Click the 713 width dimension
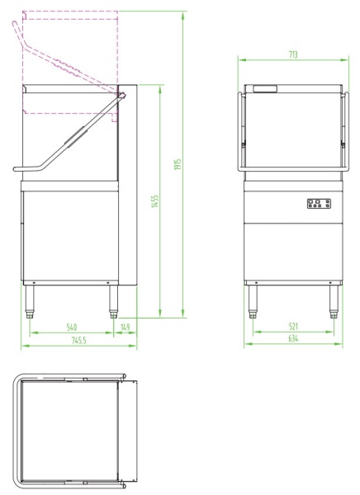click(293, 54)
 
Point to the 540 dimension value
click(72, 328)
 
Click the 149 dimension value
click(126, 328)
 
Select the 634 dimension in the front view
click(294, 339)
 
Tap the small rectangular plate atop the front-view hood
click(265, 87)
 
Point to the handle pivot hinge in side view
click(121, 96)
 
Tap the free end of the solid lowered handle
click(17, 169)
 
